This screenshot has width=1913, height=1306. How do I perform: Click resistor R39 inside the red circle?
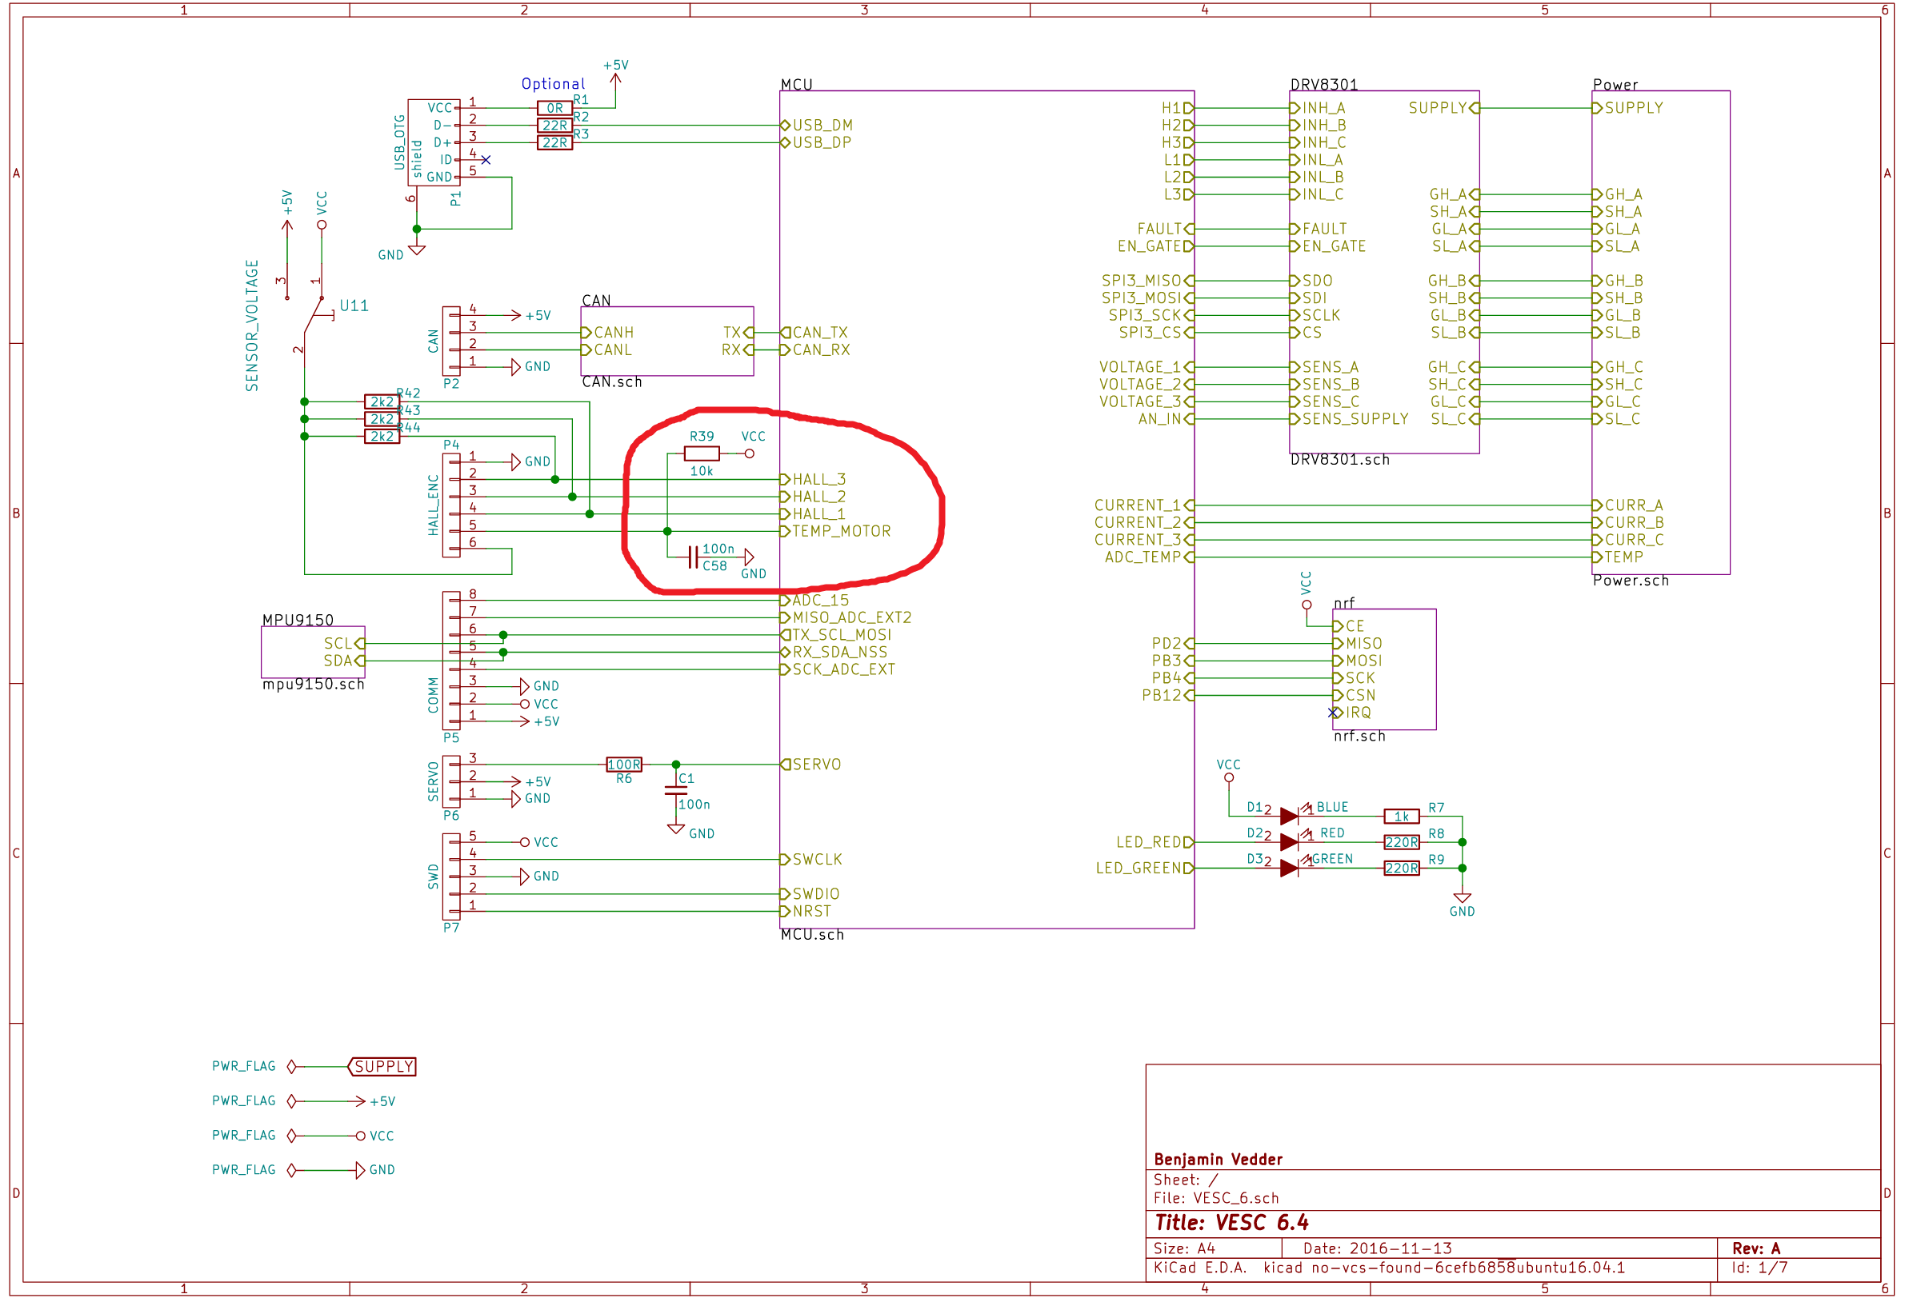point(702,453)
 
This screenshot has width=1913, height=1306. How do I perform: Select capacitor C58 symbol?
point(693,557)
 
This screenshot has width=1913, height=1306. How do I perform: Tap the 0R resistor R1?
point(554,108)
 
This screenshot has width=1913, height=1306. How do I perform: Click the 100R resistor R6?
point(624,765)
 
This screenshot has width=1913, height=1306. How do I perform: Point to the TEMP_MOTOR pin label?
point(841,532)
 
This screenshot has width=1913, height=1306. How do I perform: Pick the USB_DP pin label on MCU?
point(822,142)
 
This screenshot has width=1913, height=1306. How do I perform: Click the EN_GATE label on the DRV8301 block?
point(1334,246)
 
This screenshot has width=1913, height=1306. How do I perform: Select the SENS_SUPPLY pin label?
point(1355,419)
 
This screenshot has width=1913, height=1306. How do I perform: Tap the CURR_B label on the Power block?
point(1634,522)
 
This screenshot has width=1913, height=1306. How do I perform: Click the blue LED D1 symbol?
point(1290,817)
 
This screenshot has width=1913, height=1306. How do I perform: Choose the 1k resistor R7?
point(1401,817)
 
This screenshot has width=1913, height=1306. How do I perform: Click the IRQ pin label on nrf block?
point(1359,713)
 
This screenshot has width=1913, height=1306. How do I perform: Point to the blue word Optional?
point(553,84)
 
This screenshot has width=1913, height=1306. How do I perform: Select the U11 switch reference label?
point(354,306)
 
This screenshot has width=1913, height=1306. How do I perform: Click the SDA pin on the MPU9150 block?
point(338,661)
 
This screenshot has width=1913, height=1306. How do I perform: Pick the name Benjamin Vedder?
point(1219,1160)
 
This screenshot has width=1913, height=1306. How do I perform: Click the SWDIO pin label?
point(816,893)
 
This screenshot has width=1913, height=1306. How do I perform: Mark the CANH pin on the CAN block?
point(613,333)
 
